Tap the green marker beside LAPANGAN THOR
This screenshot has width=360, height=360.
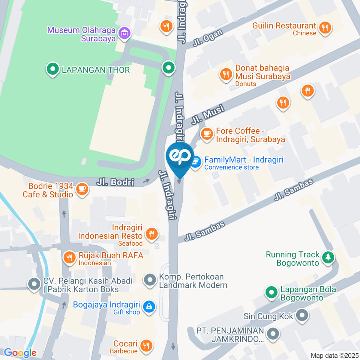point(52,69)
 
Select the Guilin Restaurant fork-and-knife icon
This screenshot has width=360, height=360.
point(325,27)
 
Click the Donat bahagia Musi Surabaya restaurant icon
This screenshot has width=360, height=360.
point(226,74)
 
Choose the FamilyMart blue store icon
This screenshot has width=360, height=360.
point(195,163)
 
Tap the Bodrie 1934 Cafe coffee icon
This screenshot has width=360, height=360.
point(82,189)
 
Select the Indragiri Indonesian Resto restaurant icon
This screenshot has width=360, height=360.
point(151,234)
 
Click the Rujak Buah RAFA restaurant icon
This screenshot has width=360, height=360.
point(69,257)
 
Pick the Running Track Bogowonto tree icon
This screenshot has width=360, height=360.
point(328,257)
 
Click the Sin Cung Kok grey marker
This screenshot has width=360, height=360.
point(302,315)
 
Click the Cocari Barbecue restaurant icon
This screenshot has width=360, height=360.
point(146,345)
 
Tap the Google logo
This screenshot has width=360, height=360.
point(20,353)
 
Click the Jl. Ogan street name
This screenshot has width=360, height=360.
point(208,37)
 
